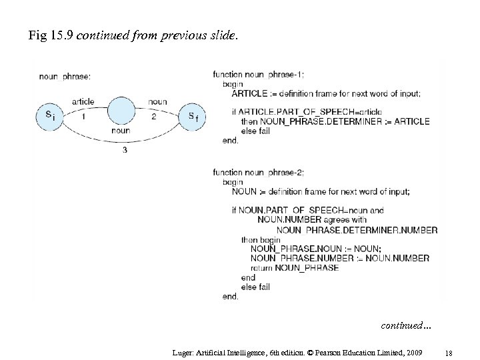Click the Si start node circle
coord(50,116)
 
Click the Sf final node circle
coord(192,117)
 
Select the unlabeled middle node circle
coord(121,111)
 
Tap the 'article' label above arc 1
coord(83,101)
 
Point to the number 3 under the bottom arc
coord(125,151)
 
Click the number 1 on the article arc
coord(83,117)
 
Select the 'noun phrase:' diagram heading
coord(65,76)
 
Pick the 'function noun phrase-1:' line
coord(259,75)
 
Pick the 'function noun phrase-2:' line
coord(259,172)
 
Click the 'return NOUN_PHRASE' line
coord(295,268)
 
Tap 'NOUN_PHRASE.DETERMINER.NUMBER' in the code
coord(357,230)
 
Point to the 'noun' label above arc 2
coord(158,101)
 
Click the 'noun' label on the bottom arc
coord(121,131)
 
